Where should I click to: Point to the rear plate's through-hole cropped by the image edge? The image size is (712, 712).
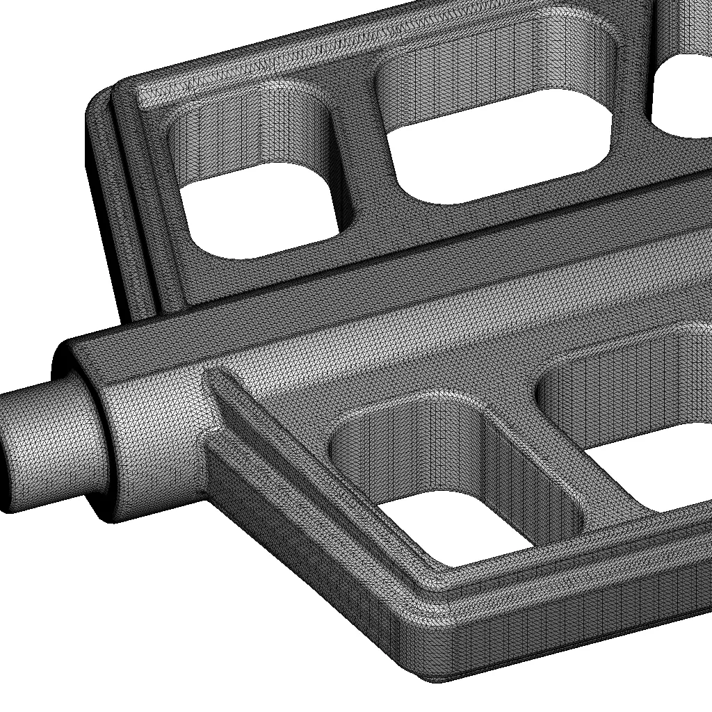[685, 97]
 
